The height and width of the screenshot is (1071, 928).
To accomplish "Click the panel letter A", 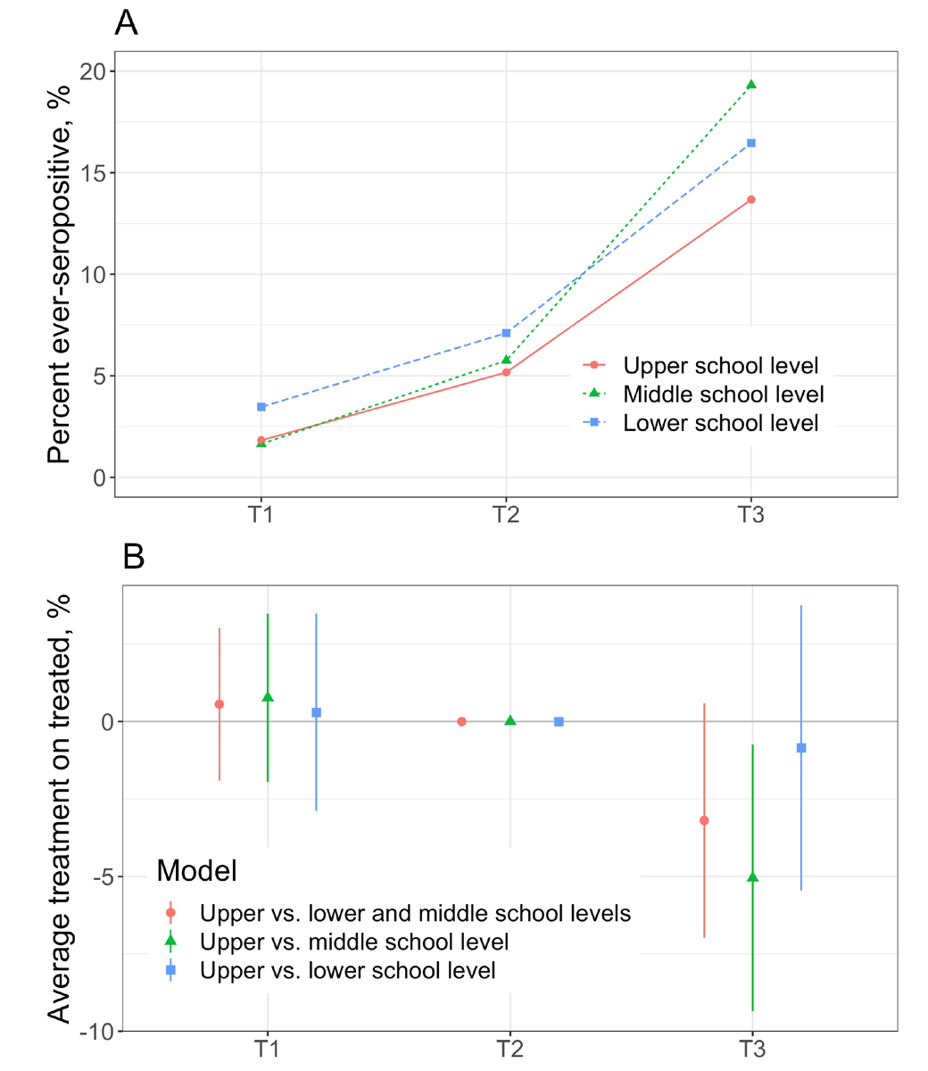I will click(x=127, y=23).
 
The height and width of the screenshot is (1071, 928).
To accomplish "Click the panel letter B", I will click(x=133, y=557).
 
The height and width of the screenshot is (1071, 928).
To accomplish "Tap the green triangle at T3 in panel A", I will click(x=751, y=85).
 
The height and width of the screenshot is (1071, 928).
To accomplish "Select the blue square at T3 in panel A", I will click(x=751, y=143).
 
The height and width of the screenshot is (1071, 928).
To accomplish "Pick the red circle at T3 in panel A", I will click(x=751, y=199).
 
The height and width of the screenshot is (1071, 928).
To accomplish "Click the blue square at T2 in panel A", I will click(x=507, y=333).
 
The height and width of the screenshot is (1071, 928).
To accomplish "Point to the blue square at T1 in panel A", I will click(x=261, y=407).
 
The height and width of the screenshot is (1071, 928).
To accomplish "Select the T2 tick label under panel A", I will click(x=506, y=517).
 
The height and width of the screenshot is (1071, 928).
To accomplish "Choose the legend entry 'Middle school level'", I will click(x=723, y=394).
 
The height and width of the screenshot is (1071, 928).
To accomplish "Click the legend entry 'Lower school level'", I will click(x=720, y=422).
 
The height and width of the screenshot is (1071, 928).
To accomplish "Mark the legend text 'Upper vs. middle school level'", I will click(x=354, y=942).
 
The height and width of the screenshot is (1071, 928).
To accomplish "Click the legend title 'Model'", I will click(x=196, y=871).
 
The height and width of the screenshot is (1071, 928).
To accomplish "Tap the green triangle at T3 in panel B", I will click(x=752, y=877).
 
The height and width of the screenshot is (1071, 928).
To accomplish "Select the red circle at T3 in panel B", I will click(x=704, y=820).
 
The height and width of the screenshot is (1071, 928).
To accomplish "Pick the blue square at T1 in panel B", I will click(x=316, y=712).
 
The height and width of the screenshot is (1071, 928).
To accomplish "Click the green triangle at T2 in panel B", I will click(x=510, y=720).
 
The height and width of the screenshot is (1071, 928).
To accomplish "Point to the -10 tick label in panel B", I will click(x=95, y=1033).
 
